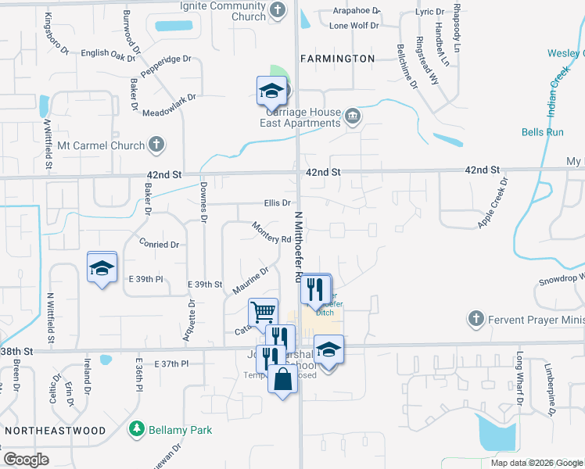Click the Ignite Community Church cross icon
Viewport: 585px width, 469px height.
pyautogui.click(x=278, y=11)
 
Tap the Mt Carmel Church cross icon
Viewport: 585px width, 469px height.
pyautogui.click(x=156, y=145)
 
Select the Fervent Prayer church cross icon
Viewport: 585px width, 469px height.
pyautogui.click(x=476, y=319)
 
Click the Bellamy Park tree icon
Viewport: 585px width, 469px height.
pyautogui.click(x=138, y=429)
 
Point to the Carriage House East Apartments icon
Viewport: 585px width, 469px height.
pyautogui.click(x=353, y=116)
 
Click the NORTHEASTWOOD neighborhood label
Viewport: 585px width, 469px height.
pyautogui.click(x=54, y=431)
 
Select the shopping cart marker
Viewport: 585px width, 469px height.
pyautogui.click(x=263, y=312)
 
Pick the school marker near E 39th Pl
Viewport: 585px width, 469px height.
pyautogui.click(x=102, y=267)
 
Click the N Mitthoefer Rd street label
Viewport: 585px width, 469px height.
pyautogui.click(x=297, y=246)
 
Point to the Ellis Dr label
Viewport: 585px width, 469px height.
pyautogui.click(x=278, y=203)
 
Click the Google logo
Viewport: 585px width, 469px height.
pyautogui.click(x=26, y=459)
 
